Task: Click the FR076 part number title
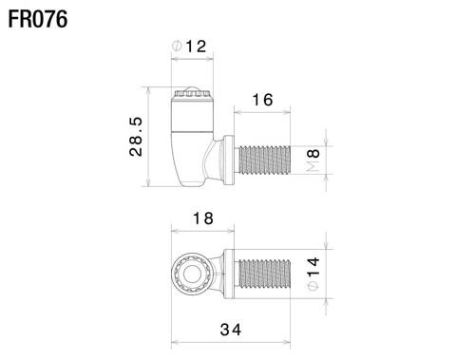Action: click(37, 19)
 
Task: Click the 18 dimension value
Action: click(201, 218)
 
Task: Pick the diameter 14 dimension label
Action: click(314, 275)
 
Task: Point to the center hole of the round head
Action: click(190, 275)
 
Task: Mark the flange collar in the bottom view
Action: click(228, 275)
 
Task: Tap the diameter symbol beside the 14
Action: click(314, 289)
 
